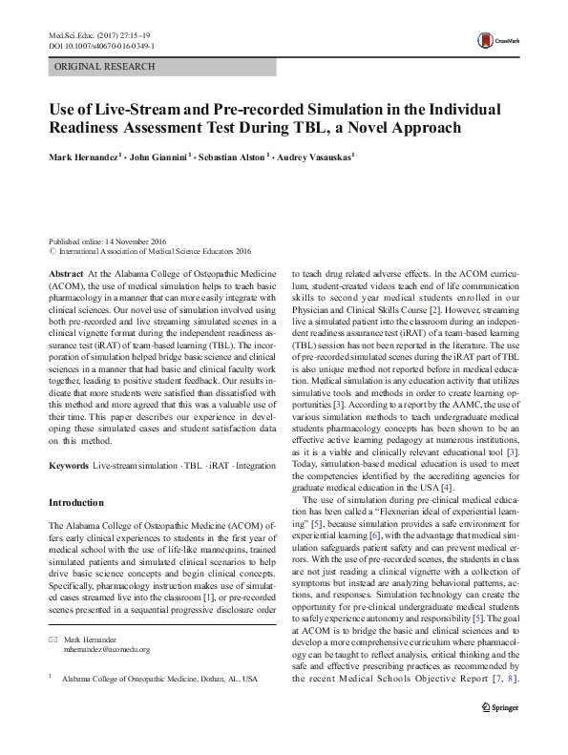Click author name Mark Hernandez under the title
click(85, 156)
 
